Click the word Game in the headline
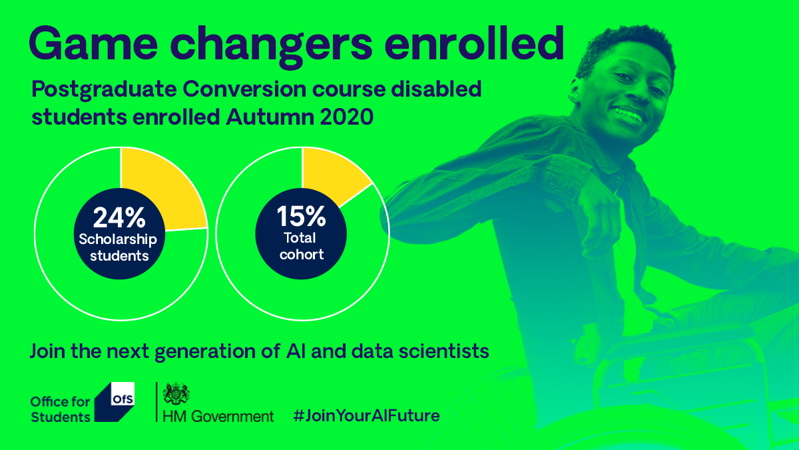click(93, 43)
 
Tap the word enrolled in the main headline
click(474, 43)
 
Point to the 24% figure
click(119, 217)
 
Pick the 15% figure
click(301, 216)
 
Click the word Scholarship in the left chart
click(118, 239)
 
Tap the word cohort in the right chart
click(302, 254)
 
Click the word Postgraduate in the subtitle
click(104, 89)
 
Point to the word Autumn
click(270, 117)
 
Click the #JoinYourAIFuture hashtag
click(366, 416)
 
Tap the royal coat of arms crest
click(176, 393)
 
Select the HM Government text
click(218, 417)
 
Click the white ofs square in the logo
click(123, 394)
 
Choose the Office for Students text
click(61, 409)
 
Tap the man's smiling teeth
click(629, 114)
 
